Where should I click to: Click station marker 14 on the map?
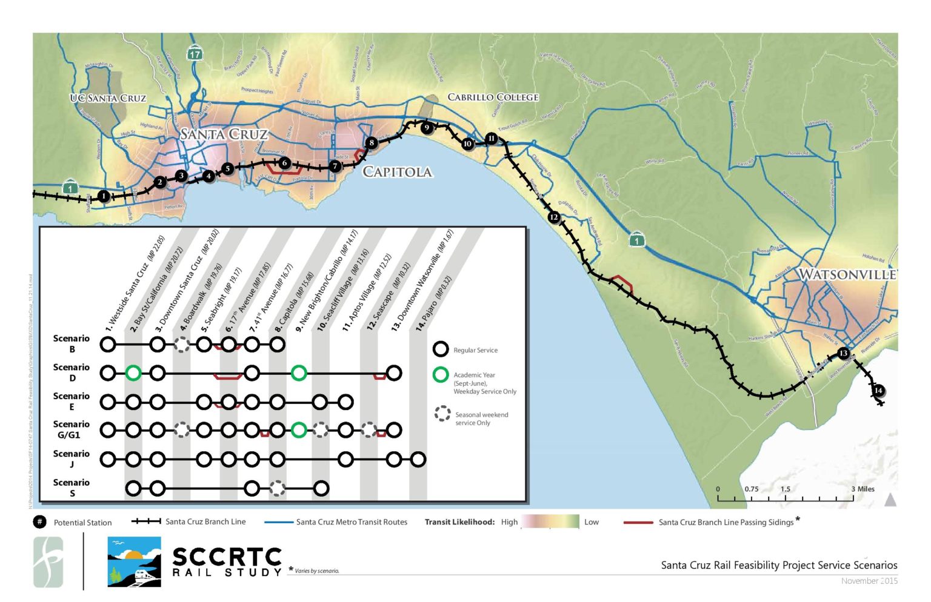point(878,391)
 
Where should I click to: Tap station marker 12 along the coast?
point(553,217)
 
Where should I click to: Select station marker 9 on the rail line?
point(427,128)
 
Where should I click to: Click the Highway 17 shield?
point(194,54)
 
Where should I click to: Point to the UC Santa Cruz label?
point(108,98)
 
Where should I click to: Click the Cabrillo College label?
point(493,97)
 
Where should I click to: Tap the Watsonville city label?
point(846,274)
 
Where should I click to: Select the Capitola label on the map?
point(398,172)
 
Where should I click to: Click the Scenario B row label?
point(71,343)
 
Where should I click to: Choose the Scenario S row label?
point(71,488)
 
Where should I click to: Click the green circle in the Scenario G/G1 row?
point(298,431)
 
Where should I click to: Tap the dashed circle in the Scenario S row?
point(277,488)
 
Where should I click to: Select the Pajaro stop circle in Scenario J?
point(418,460)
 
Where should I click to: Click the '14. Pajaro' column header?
point(434,303)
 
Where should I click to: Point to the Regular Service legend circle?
point(441,349)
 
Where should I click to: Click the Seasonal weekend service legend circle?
point(442,414)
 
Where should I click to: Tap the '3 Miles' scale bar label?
point(863,489)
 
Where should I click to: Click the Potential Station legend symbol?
point(39,522)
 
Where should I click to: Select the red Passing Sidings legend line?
point(638,522)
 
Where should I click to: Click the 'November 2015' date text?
point(869,581)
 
